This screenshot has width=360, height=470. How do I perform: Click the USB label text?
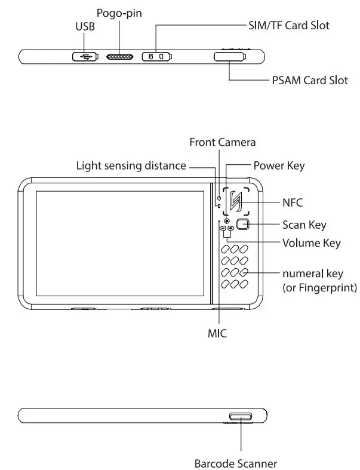[x=85, y=27]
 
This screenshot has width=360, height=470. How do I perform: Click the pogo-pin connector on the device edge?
[x=121, y=57]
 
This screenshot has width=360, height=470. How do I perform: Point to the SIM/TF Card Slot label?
[x=288, y=26]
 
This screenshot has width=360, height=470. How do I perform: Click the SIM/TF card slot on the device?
[x=157, y=57]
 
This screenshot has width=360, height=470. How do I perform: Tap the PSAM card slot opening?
[x=229, y=57]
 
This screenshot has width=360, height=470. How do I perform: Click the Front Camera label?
[x=222, y=142]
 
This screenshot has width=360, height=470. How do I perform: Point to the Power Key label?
[x=279, y=165]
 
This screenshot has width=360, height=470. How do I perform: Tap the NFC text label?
[x=293, y=202]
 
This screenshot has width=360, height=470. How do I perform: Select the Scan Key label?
[x=304, y=225]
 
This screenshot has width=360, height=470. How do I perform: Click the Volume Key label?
[x=311, y=243]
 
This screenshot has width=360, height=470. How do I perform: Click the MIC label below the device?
[x=217, y=332]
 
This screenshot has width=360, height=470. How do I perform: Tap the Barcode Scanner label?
[x=235, y=462]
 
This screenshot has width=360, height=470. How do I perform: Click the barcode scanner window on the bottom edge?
[x=241, y=416]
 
